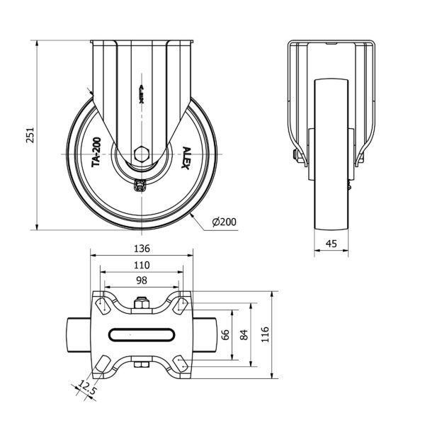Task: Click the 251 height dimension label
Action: tap(30, 135)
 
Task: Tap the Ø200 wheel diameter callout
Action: tap(224, 222)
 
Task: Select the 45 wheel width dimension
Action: tap(331, 244)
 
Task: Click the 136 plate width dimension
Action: tap(142, 249)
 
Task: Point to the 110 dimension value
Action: tap(142, 265)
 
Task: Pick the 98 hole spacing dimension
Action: tap(142, 280)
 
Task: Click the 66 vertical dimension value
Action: tap(225, 335)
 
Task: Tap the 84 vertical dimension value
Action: tap(244, 335)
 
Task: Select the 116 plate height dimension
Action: tap(265, 334)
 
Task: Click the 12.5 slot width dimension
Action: tap(88, 388)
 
